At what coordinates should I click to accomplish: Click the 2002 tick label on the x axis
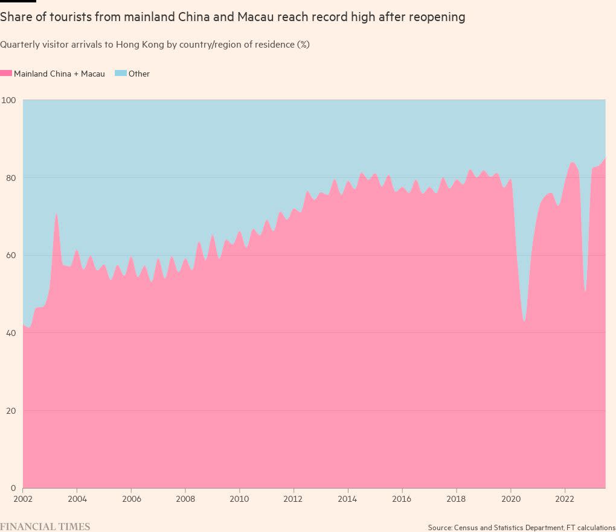23,499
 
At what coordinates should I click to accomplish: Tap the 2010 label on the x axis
240,499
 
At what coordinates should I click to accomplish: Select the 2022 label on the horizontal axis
565,499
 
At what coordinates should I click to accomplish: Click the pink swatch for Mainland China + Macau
6,74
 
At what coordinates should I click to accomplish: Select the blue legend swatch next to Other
120,74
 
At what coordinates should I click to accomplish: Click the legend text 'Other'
139,74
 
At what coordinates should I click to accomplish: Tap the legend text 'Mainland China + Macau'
59,74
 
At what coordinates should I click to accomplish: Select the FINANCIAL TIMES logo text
45,527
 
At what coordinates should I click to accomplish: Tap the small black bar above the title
18,1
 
